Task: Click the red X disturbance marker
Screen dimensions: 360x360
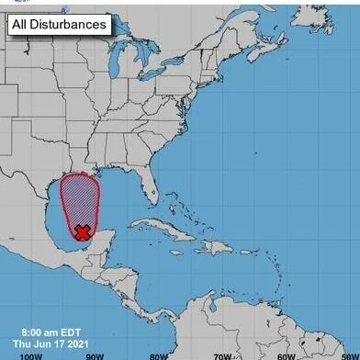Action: pos(83,232)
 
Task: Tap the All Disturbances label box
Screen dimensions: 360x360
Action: pos(60,25)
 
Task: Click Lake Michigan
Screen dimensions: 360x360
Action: pos(111,90)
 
